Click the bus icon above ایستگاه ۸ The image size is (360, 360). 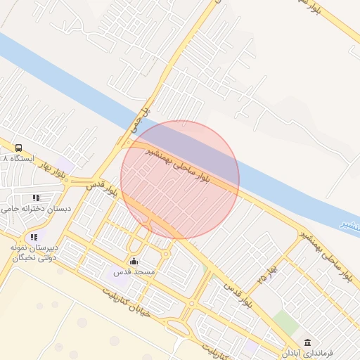18,148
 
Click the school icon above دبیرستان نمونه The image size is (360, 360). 33,237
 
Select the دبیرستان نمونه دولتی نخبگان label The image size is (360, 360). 32,253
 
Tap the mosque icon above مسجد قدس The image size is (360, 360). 135,262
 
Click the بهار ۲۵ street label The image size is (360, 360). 269,271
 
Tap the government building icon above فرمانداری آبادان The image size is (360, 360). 307,342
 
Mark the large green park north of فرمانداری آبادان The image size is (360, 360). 285,321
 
